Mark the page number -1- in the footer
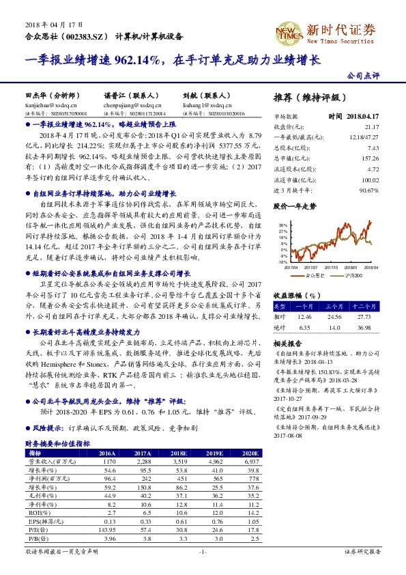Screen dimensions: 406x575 click(202, 550)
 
